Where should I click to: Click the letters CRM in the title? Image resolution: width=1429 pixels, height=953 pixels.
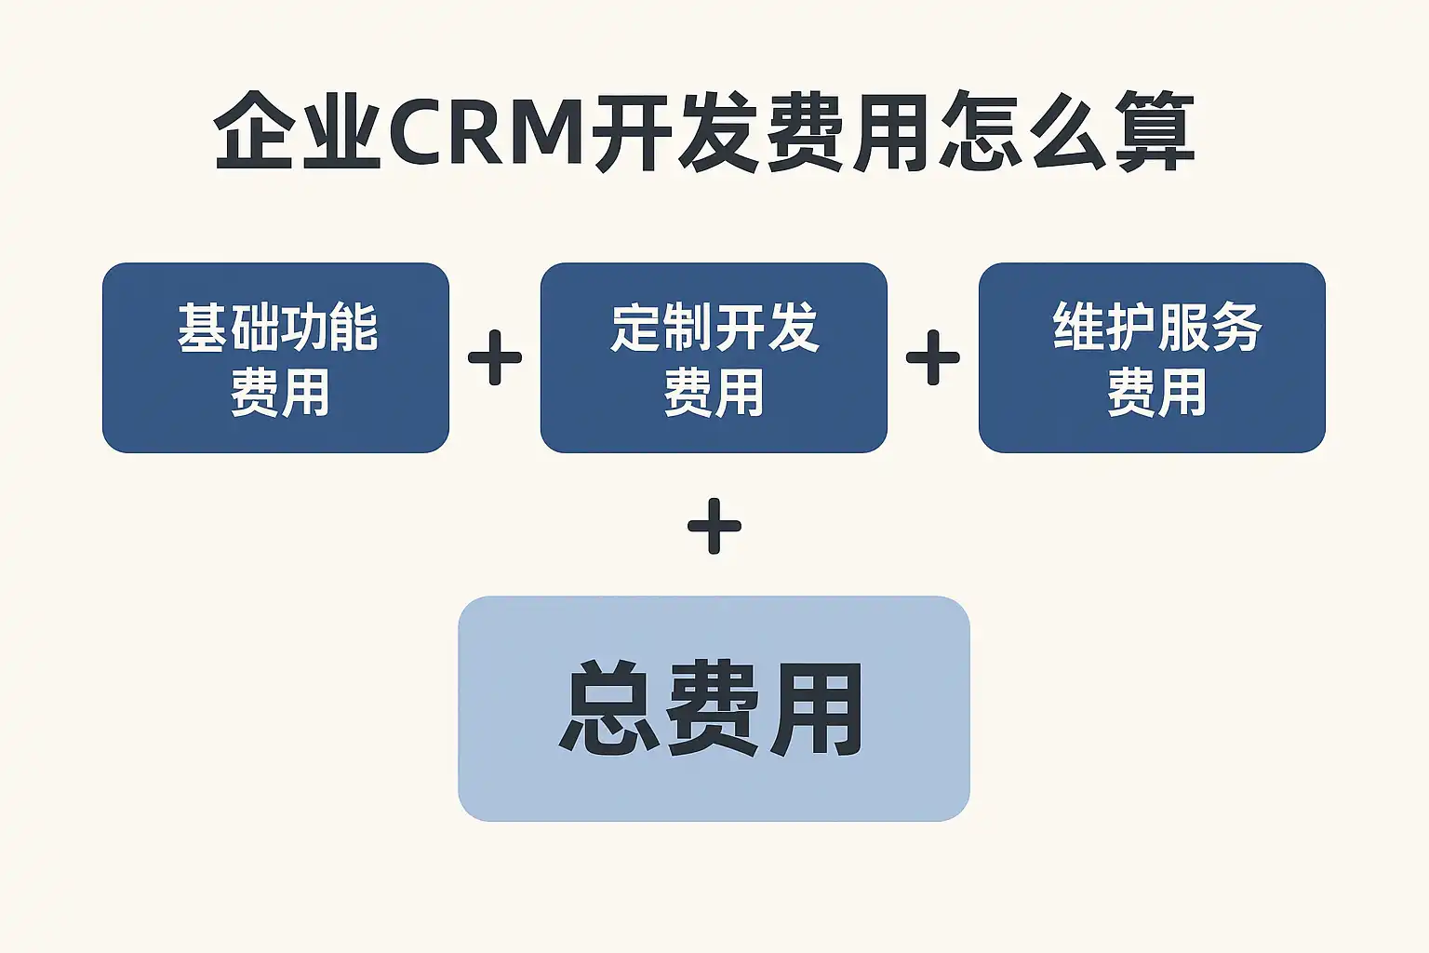[x=485, y=132]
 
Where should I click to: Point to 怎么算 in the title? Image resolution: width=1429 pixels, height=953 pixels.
[x=1065, y=132]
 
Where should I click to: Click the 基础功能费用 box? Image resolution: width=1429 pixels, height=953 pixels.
[x=275, y=358]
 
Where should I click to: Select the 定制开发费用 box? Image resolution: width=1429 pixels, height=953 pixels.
[x=714, y=358]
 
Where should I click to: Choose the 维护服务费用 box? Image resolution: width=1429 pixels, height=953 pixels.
[x=1152, y=358]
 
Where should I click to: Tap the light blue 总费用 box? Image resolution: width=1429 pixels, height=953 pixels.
[x=714, y=708]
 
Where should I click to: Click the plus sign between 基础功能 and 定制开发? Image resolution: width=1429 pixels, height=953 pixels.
[x=495, y=358]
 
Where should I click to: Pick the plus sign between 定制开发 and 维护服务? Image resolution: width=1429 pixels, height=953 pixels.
[x=932, y=358]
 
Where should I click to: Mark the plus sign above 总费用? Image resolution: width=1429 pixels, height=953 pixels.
[x=714, y=527]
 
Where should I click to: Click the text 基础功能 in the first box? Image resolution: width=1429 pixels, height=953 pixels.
[x=277, y=328]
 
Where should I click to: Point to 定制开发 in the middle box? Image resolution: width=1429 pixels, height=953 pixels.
[x=714, y=328]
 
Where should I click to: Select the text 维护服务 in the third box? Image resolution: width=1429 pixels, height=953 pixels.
[x=1156, y=328]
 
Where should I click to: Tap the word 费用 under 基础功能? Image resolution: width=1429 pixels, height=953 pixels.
[x=279, y=393]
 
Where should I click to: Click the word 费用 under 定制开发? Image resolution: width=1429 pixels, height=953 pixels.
[x=714, y=393]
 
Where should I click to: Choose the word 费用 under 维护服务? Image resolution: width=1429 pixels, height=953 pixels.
[x=1156, y=393]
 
